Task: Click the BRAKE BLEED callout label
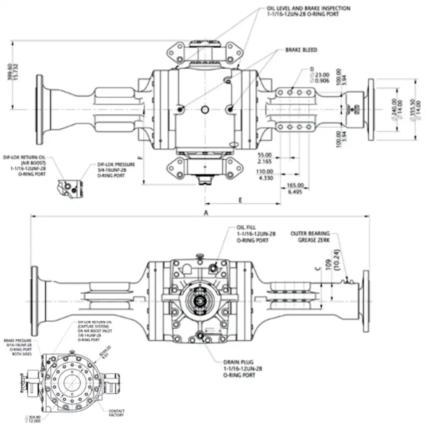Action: [x=301, y=50]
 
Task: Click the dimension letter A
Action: [x=205, y=213]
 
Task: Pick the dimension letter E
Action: [x=240, y=201]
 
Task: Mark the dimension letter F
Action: [x=140, y=157]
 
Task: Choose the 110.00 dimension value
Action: [x=265, y=171]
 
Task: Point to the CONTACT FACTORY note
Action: [x=117, y=413]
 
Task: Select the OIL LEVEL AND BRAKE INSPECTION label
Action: [x=308, y=8]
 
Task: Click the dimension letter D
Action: [x=312, y=69]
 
